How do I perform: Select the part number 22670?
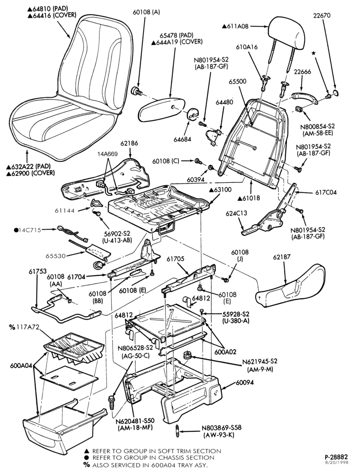[322, 16]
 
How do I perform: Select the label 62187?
[281, 256]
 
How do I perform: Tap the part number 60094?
[244, 383]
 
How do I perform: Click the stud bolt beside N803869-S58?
[177, 430]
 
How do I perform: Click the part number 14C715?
[28, 230]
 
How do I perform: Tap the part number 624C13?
[236, 213]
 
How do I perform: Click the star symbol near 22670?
[314, 53]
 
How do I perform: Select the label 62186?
[129, 143]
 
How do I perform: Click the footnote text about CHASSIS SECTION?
[150, 458]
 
